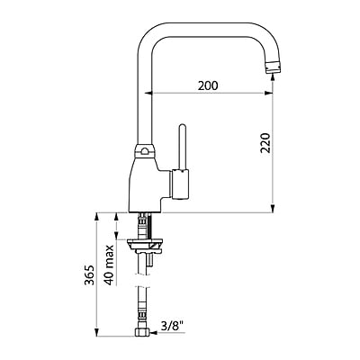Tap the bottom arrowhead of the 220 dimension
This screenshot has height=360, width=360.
tap(274, 209)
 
